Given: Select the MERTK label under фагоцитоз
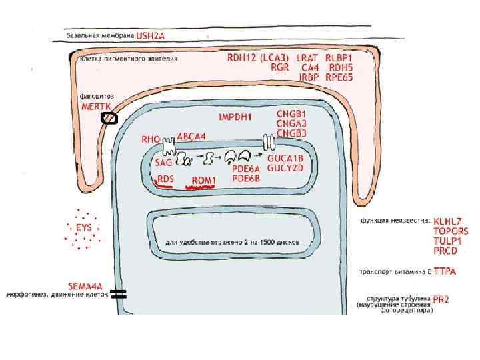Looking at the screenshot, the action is click(x=95, y=107).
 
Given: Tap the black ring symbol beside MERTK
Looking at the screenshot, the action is click(x=109, y=119).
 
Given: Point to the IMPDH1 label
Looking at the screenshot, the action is click(x=235, y=117).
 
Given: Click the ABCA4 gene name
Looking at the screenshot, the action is click(x=191, y=136).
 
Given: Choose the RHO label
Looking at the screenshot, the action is click(x=151, y=140).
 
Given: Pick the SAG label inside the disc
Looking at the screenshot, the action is click(x=163, y=162).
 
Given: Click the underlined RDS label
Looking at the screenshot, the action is click(x=165, y=179).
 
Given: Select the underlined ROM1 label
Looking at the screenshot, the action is click(x=204, y=181).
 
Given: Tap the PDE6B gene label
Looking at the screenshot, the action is click(x=246, y=178).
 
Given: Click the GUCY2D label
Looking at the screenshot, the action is click(x=285, y=168).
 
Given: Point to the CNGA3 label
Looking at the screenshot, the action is click(x=292, y=123).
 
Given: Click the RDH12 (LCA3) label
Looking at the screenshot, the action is click(x=257, y=57).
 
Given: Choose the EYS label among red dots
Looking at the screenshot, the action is click(x=84, y=228).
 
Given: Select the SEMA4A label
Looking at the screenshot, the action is click(x=87, y=285).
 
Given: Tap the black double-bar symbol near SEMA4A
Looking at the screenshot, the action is click(x=119, y=293).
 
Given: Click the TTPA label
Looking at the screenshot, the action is click(x=445, y=272).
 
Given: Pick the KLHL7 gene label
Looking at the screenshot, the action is click(x=448, y=221).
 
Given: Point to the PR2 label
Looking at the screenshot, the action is click(x=441, y=301).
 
